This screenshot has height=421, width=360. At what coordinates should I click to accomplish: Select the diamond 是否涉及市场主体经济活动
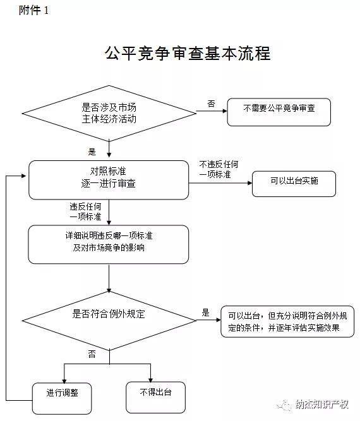click(109, 112)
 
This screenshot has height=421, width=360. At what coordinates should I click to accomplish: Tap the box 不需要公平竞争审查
click(279, 112)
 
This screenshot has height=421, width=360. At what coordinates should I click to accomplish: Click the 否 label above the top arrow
click(211, 104)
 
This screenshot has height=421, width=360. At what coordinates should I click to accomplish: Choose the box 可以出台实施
click(294, 183)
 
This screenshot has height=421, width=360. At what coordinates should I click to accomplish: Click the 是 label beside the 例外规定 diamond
click(205, 312)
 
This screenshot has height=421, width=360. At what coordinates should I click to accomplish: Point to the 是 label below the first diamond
click(92, 151)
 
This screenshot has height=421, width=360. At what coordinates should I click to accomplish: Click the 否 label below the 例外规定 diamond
click(92, 354)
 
